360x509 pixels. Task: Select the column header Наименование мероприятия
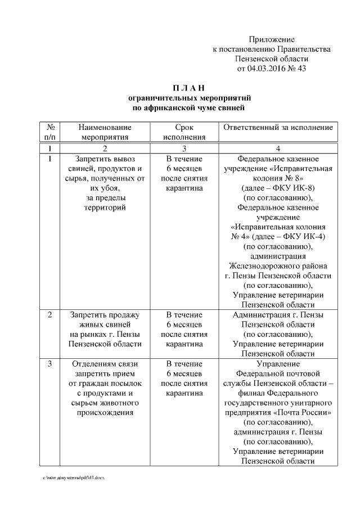click(105, 132)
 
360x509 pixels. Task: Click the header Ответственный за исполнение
click(278, 128)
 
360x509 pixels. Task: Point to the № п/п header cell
click(49, 132)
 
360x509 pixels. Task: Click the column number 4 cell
click(278, 148)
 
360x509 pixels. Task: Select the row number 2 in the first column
click(49, 315)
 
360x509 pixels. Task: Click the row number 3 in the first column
click(49, 364)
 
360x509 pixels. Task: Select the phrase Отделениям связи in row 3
click(105, 364)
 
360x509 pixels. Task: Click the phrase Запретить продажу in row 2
click(105, 315)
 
